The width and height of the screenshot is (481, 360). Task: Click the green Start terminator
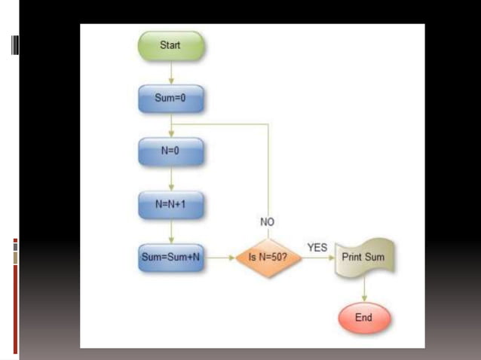pyautogui.click(x=170, y=45)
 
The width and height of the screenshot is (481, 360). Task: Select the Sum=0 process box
pyautogui.click(x=170, y=99)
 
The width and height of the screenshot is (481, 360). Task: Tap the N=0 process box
pyautogui.click(x=170, y=151)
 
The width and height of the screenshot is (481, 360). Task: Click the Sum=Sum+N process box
pyautogui.click(x=170, y=258)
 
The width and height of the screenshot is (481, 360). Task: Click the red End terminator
pyautogui.click(x=363, y=318)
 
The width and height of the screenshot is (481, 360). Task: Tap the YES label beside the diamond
pyautogui.click(x=317, y=247)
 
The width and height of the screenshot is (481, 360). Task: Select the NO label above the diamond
pyautogui.click(x=268, y=222)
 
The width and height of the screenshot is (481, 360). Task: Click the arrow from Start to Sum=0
pyautogui.click(x=171, y=72)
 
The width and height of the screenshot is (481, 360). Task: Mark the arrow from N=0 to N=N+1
pyautogui.click(x=171, y=178)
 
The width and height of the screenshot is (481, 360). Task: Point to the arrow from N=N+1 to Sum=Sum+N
pyautogui.click(x=171, y=231)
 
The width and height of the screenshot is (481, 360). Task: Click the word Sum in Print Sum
pyautogui.click(x=374, y=258)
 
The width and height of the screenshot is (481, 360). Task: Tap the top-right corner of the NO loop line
pyautogui.click(x=268, y=124)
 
